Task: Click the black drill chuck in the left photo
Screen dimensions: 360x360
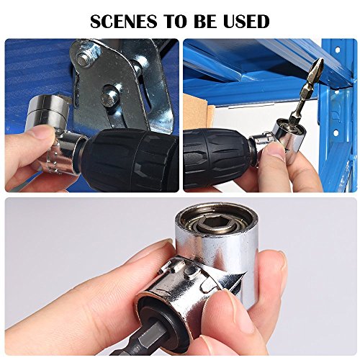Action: click(x=122, y=160)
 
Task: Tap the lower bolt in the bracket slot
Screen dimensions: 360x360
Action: click(x=107, y=91)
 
